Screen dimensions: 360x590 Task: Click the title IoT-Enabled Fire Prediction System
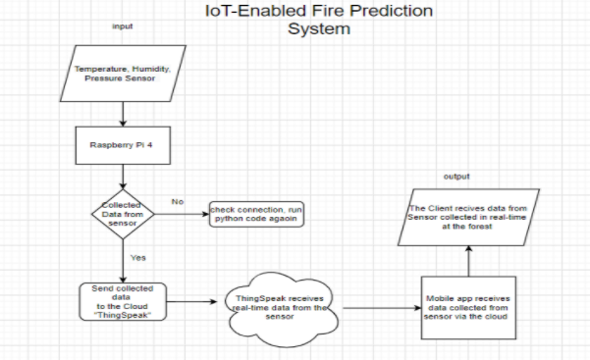click(x=318, y=21)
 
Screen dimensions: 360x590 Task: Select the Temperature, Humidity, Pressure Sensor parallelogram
click(x=122, y=73)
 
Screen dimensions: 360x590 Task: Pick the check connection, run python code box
click(x=254, y=215)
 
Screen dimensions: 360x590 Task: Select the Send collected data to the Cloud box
click(x=122, y=301)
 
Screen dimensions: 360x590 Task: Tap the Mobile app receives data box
click(x=467, y=307)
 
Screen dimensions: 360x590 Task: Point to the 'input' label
click(x=122, y=26)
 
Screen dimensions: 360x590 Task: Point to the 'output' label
click(x=456, y=177)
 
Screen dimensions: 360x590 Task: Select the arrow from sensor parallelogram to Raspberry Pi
click(x=122, y=115)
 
